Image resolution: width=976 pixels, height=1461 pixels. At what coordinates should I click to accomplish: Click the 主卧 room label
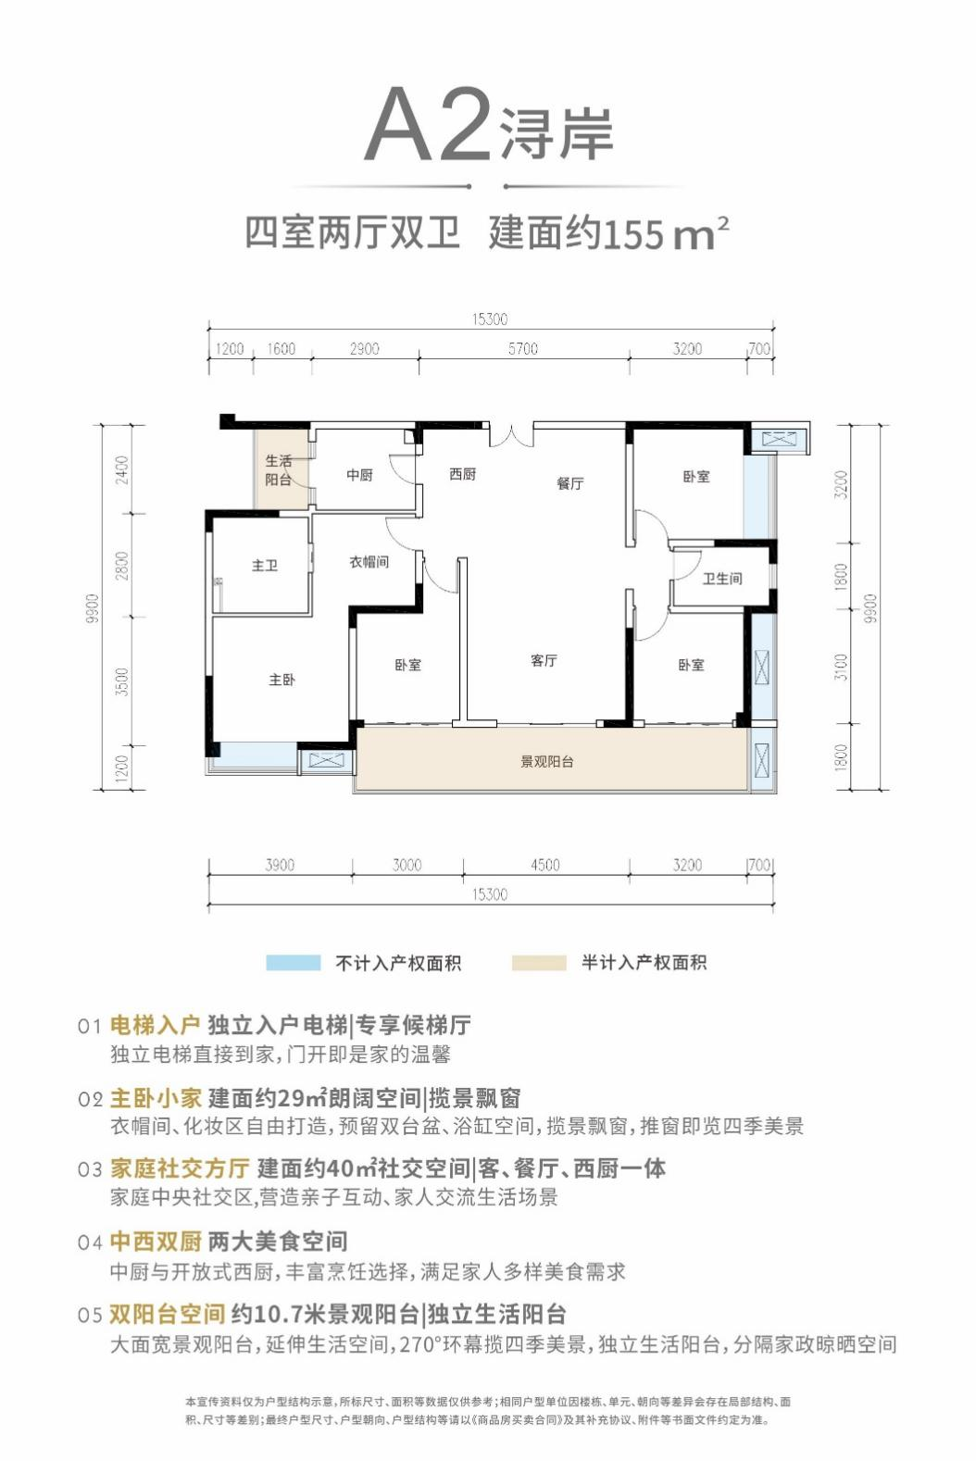coord(282,680)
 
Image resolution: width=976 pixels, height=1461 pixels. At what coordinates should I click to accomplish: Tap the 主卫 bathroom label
coord(264,565)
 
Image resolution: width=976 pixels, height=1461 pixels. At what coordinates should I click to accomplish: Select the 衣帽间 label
coord(369,562)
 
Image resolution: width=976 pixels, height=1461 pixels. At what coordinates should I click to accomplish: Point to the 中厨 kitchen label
coord(359,475)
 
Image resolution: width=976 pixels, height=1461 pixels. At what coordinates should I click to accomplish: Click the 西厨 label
coord(463,474)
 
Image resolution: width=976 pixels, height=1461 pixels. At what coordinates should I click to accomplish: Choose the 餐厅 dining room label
coord(570,483)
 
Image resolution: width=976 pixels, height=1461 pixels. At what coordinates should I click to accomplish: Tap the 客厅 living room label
coord(544,661)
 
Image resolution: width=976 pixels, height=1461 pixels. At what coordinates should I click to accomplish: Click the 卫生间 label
coord(722,578)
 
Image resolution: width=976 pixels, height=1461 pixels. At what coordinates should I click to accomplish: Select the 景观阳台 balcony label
coord(546,761)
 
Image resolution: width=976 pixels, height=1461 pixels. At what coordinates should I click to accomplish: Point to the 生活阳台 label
coord(279,470)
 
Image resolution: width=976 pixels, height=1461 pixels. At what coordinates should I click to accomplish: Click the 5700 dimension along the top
coord(523,349)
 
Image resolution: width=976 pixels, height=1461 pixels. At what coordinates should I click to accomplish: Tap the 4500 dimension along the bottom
coord(545,865)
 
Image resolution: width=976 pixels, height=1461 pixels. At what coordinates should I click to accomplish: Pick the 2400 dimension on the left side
coord(122,470)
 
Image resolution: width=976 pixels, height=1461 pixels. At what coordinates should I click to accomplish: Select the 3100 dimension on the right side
coord(842,667)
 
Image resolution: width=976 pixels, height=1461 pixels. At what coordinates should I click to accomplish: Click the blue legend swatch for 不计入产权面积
coord(293,963)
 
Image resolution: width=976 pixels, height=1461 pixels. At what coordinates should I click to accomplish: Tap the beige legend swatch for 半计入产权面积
coord(539,963)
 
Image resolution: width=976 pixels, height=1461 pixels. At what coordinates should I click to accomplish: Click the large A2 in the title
coord(428,124)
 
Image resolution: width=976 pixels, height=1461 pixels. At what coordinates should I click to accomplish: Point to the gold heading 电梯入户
coord(155,1025)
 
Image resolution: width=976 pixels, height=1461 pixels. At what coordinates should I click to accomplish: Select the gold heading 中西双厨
coord(156,1242)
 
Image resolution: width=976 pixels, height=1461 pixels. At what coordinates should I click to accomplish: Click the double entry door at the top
coord(512,435)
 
